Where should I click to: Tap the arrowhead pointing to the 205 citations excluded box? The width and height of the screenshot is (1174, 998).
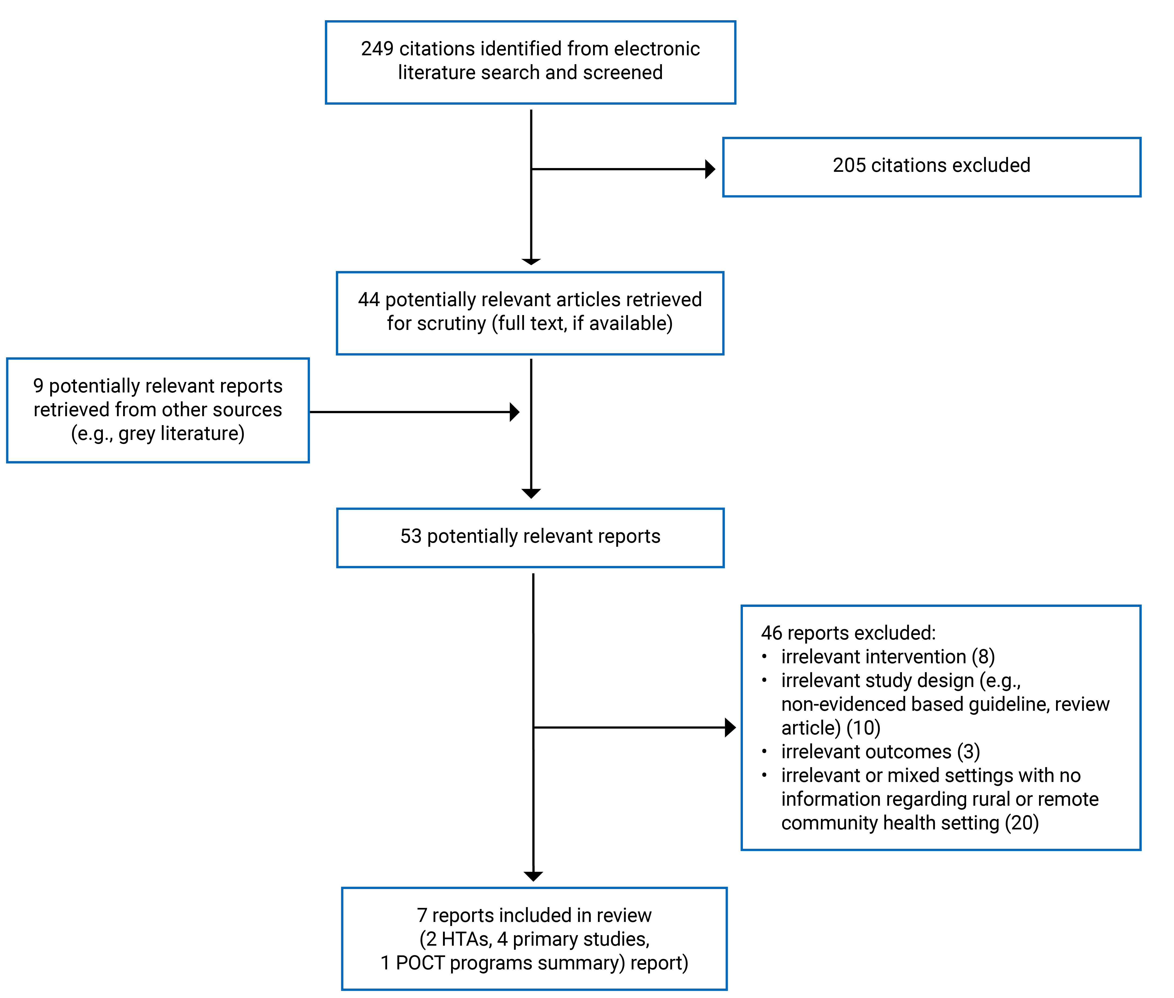(x=710, y=169)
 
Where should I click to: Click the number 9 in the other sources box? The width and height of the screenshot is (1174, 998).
(x=38, y=386)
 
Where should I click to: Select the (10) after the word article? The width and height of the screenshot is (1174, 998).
(x=863, y=728)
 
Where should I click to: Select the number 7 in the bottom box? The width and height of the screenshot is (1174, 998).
(x=422, y=915)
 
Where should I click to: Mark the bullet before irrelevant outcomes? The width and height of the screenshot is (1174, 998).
(x=764, y=751)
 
